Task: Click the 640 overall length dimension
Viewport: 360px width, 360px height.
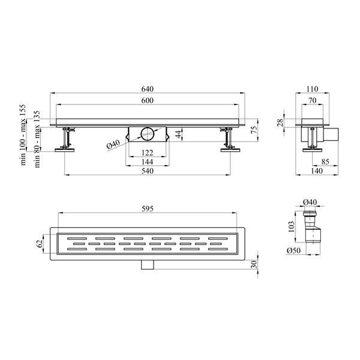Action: (147, 89)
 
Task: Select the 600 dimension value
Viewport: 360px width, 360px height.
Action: (147, 100)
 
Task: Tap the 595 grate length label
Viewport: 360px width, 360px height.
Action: (147, 209)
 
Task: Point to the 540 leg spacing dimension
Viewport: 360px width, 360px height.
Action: (147, 171)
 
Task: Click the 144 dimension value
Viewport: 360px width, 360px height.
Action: (147, 162)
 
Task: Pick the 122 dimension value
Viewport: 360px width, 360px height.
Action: (147, 152)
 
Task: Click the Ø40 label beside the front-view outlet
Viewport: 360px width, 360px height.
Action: (113, 144)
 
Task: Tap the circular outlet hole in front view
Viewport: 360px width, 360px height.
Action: (147, 133)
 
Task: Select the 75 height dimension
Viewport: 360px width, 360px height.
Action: (254, 130)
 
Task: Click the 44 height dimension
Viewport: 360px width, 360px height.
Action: (179, 134)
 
